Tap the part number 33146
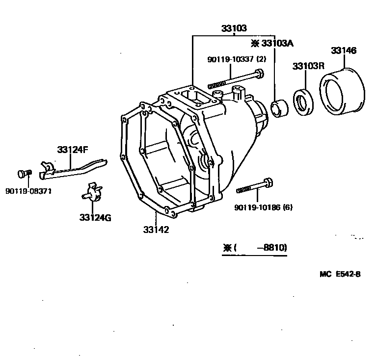pyautogui.click(x=343, y=51)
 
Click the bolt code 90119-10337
pyautogui.click(x=230, y=59)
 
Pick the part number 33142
pyautogui.click(x=156, y=229)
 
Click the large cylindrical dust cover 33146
pyautogui.click(x=343, y=94)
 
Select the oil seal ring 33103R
pyautogui.click(x=305, y=102)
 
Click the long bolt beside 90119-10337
pyautogui.click(x=236, y=80)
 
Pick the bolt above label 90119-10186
pyautogui.click(x=255, y=187)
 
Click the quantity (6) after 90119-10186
pyautogui.click(x=287, y=207)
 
